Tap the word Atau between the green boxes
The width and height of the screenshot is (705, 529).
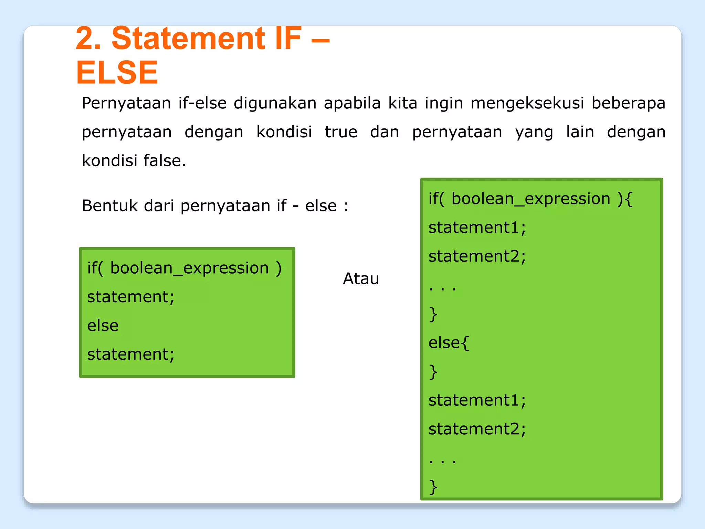point(361,278)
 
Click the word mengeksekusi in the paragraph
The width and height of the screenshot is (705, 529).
point(527,103)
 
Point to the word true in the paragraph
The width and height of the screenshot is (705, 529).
point(341,132)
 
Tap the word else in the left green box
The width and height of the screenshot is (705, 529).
point(103,325)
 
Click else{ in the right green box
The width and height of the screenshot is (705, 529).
point(448,342)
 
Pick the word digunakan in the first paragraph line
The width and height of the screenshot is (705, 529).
point(275,103)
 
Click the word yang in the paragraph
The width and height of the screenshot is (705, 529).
point(534,133)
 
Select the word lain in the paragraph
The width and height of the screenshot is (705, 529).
point(580,132)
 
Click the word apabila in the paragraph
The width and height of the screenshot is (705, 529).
point(352,103)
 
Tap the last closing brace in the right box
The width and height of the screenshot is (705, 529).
point(433,487)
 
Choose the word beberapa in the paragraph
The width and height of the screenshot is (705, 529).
point(628,103)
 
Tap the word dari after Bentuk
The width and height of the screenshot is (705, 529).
point(159,206)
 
